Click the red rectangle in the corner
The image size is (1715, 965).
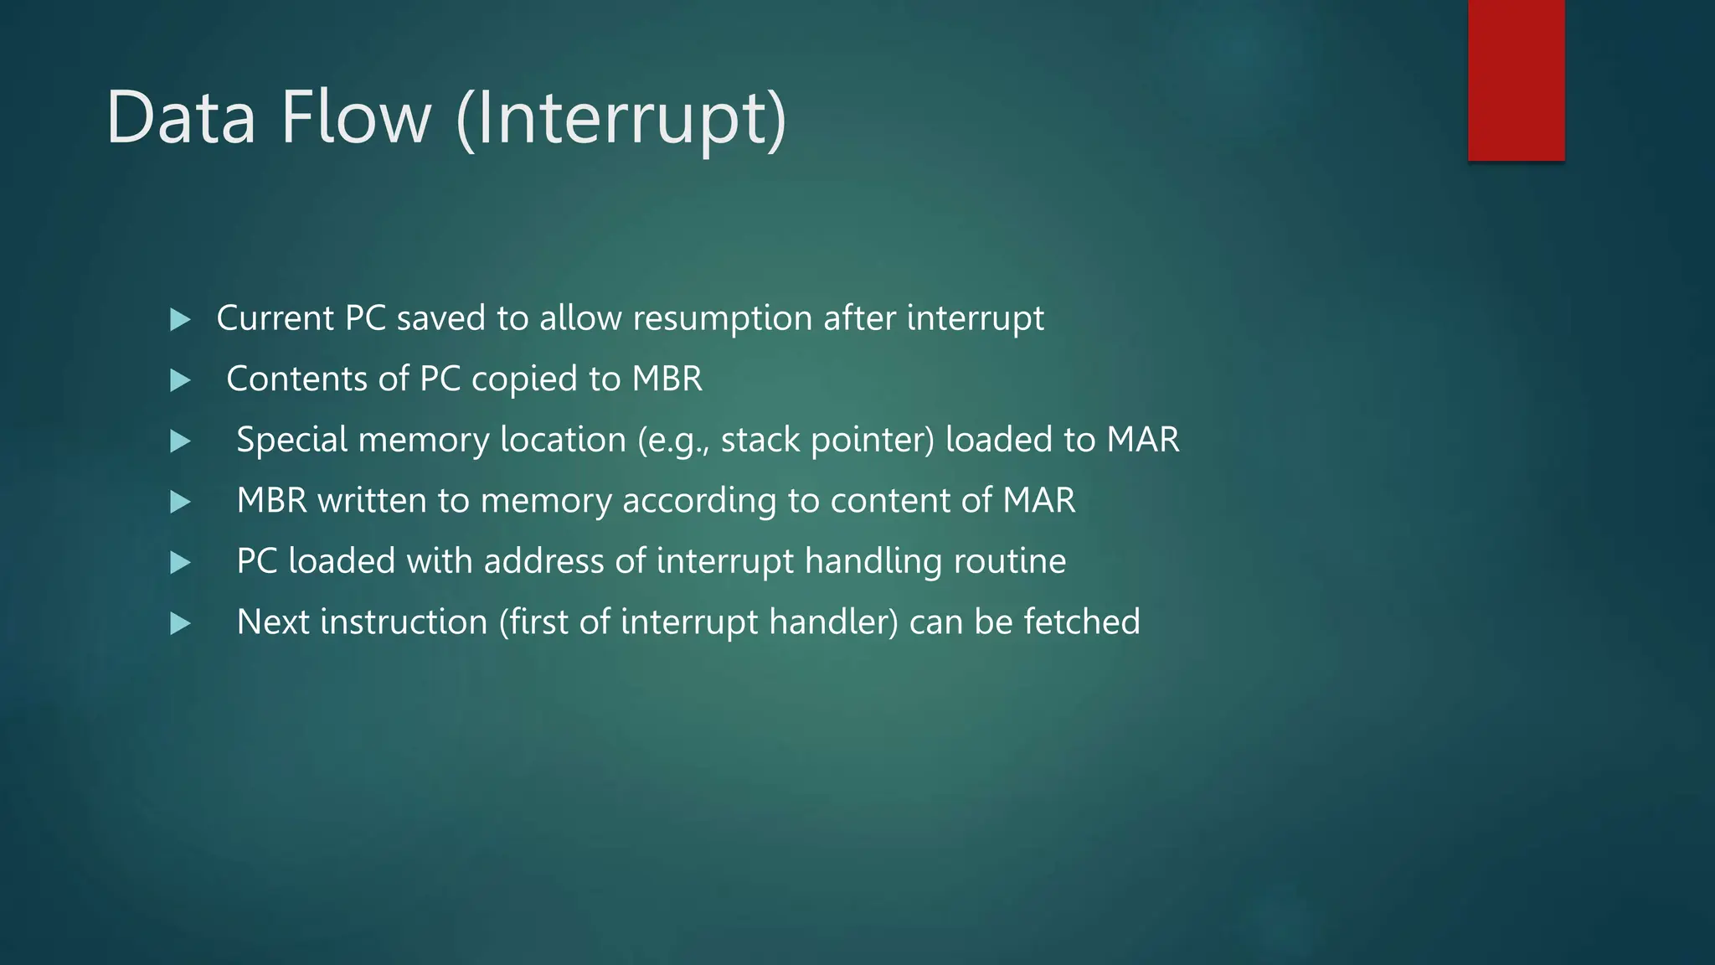click(1516, 80)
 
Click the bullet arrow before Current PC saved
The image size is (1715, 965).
click(180, 319)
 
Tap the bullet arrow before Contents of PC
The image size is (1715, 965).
click(180, 380)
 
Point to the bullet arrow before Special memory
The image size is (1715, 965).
click(180, 441)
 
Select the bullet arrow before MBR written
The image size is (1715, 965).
click(180, 502)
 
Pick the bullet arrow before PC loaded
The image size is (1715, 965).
click(180, 562)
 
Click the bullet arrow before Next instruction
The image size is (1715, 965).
click(180, 623)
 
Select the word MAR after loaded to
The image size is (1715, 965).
click(1142, 440)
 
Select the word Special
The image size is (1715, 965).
click(291, 441)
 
